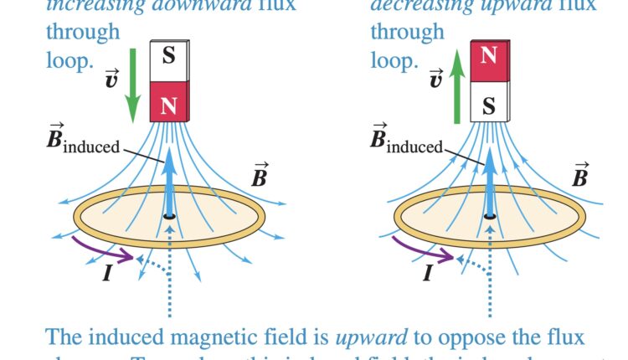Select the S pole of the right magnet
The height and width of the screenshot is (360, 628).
coord(488,104)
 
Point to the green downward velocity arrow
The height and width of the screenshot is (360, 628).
coord(131,84)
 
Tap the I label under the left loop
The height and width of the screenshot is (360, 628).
coord(106,273)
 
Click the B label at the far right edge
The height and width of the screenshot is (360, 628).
coord(579,175)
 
